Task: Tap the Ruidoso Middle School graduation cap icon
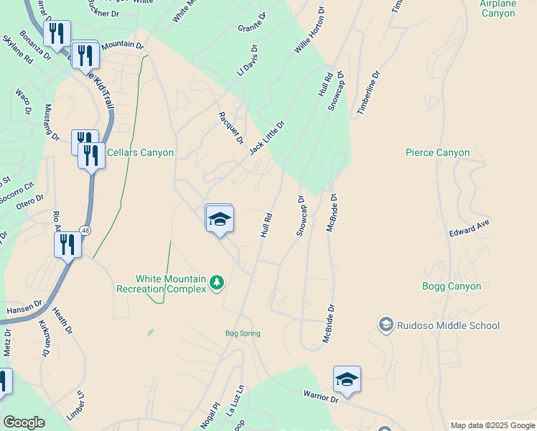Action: click(386, 325)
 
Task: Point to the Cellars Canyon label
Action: click(140, 152)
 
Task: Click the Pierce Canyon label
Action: click(437, 152)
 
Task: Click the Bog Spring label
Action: click(242, 333)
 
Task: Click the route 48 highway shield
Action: click(85, 230)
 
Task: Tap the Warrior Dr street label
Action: click(320, 397)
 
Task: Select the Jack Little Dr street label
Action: click(267, 137)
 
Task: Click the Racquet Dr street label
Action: click(231, 128)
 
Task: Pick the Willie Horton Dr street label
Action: click(310, 32)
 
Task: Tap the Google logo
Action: click(24, 422)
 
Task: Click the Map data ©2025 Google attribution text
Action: click(492, 425)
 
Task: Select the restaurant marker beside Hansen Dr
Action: click(67, 245)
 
